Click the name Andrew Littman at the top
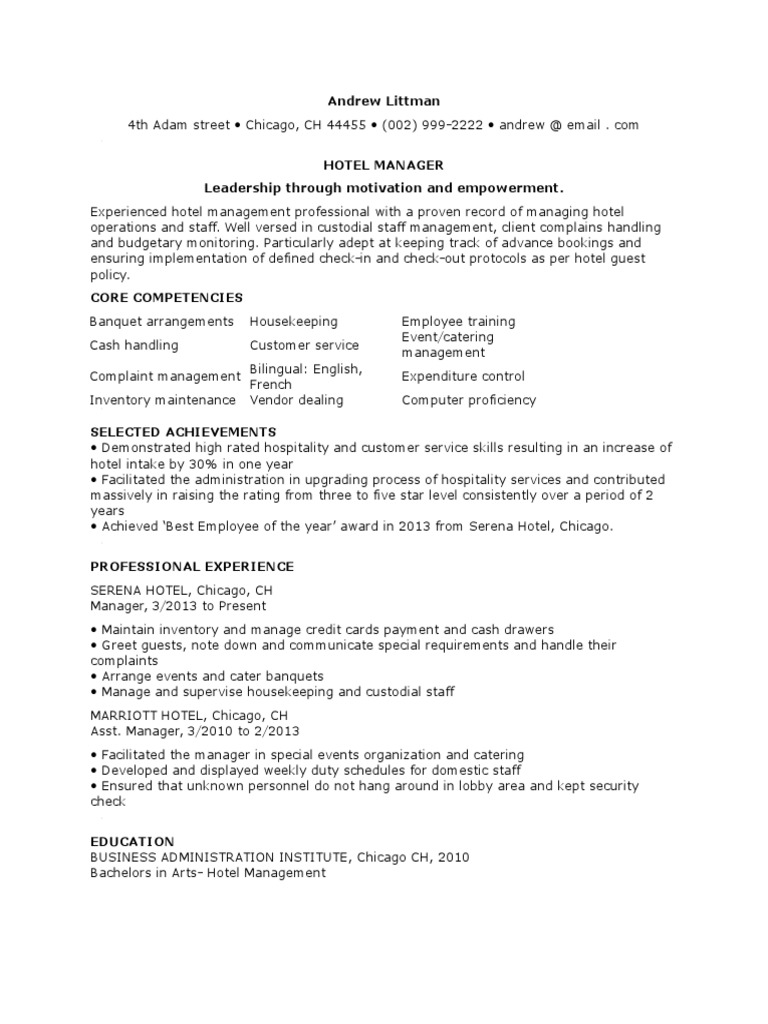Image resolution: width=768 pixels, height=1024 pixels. tap(384, 101)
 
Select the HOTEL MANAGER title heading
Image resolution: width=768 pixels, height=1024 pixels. tap(384, 164)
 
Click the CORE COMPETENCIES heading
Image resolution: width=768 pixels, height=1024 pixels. tap(166, 298)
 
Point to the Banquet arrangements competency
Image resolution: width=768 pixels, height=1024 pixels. tap(161, 321)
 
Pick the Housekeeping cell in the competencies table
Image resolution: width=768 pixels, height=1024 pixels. tap(293, 321)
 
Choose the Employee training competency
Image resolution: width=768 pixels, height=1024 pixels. tap(458, 321)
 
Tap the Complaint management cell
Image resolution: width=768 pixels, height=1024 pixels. tap(165, 377)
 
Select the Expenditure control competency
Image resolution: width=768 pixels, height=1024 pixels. tap(462, 377)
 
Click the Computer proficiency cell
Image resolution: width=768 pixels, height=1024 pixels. tap(468, 400)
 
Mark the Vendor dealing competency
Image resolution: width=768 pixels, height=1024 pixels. tap(296, 400)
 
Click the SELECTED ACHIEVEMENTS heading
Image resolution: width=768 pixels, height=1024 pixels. tap(183, 432)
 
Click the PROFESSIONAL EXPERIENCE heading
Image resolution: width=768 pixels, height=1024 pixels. tap(192, 567)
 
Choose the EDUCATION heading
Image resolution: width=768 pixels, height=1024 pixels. tap(132, 842)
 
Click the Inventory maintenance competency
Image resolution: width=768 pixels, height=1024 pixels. tap(163, 400)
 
